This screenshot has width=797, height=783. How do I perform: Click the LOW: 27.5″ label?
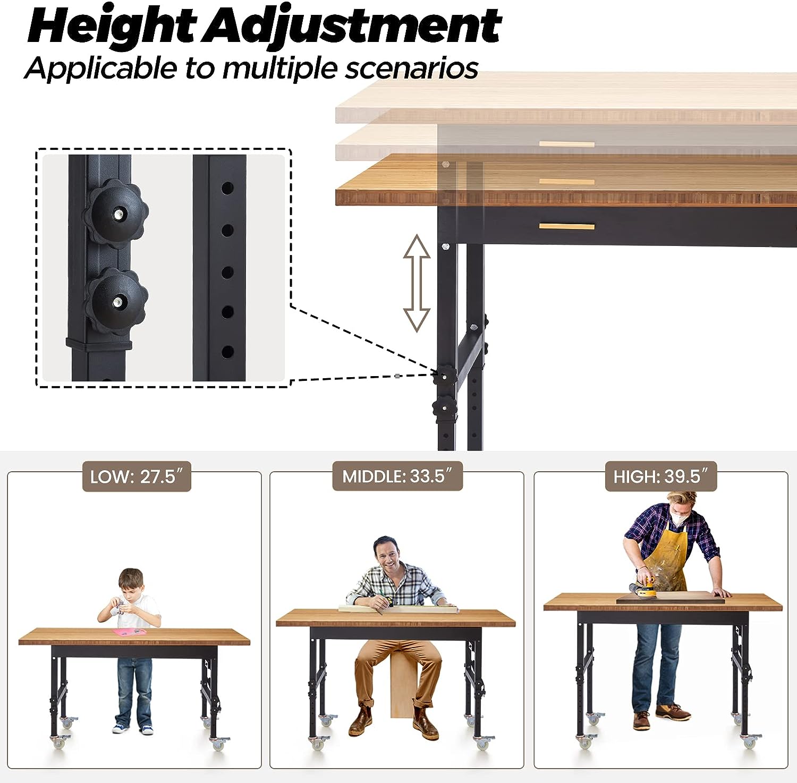(x=137, y=476)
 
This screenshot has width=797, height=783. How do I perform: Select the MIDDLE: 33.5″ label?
(x=397, y=476)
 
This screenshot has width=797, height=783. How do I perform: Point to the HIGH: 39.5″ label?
(x=661, y=476)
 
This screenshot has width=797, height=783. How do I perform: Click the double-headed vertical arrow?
(x=417, y=283)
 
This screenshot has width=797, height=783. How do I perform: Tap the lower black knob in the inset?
(x=116, y=301)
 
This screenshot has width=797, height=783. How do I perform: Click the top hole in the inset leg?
(x=227, y=188)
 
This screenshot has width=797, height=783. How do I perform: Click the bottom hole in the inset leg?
(x=227, y=351)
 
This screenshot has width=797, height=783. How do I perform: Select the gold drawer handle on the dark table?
(x=567, y=227)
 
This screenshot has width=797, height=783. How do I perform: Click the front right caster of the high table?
(x=750, y=741)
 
